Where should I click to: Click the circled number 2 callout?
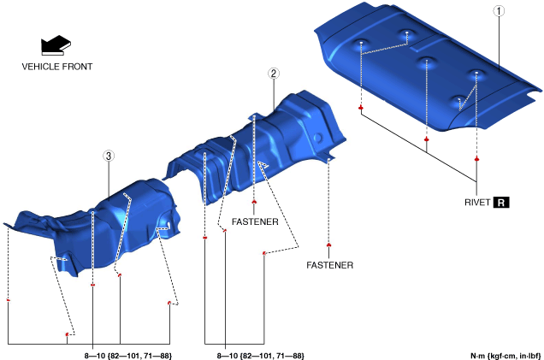tap(274, 74)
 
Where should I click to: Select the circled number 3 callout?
tap(109, 156)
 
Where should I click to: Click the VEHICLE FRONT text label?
tap(57, 66)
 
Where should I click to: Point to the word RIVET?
tap(474, 203)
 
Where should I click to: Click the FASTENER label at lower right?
tap(329, 265)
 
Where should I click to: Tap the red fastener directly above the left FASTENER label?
tap(255, 202)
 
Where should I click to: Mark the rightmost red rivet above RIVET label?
tap(476, 159)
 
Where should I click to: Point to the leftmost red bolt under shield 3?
tap(8, 300)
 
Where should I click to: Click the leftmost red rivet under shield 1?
tap(362, 108)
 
